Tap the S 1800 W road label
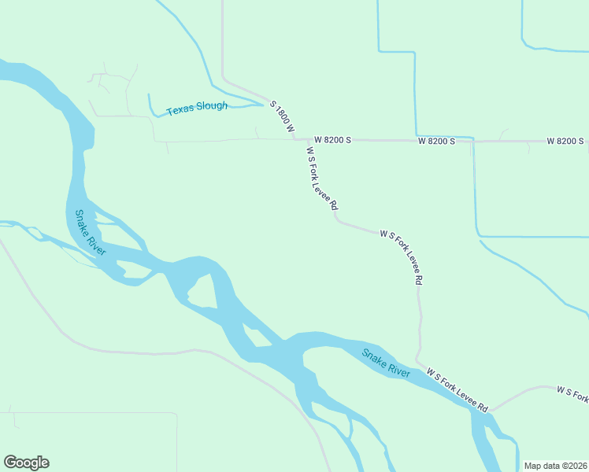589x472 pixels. coord(282,116)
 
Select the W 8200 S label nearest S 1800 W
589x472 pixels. coord(332,140)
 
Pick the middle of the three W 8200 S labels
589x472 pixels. coord(436,141)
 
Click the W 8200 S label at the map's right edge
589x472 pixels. coord(565,141)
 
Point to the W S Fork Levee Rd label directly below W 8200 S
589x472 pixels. coord(322,182)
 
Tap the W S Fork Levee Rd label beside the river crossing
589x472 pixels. coord(457,389)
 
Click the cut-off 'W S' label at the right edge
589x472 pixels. coord(572,391)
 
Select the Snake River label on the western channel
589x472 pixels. coord(91,232)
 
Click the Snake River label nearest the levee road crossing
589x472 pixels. coord(386,363)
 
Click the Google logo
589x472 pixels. coord(26,463)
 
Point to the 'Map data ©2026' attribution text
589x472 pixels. coord(554,466)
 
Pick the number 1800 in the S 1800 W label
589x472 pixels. coord(282,115)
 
